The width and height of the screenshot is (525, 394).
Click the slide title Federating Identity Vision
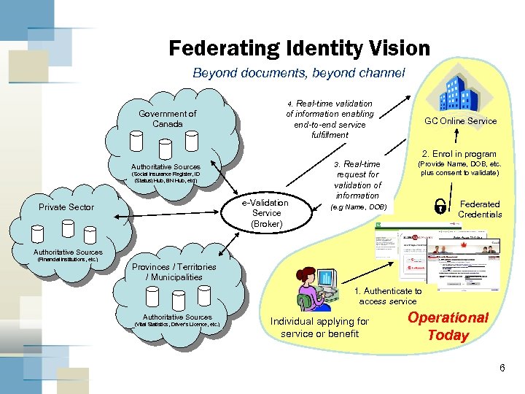pyautogui.click(x=299, y=49)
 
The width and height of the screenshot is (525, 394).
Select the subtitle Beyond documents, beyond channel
pyautogui.click(x=298, y=73)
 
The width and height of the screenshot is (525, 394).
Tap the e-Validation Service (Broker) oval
pyautogui.click(x=266, y=212)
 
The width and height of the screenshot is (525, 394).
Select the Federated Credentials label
pyautogui.click(x=478, y=209)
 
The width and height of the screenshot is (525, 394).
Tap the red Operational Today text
pyautogui.click(x=448, y=326)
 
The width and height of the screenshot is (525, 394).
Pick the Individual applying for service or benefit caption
pyautogui.click(x=319, y=327)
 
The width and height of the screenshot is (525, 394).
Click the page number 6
pyautogui.click(x=502, y=368)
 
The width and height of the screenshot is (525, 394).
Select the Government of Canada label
pyautogui.click(x=168, y=118)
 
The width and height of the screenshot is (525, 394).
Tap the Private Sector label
pyautogui.click(x=66, y=207)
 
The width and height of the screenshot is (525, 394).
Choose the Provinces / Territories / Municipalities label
pyautogui.click(x=174, y=271)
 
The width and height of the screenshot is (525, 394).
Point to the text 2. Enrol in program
pyautogui.click(x=459, y=154)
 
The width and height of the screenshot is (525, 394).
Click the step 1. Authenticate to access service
pyautogui.click(x=388, y=295)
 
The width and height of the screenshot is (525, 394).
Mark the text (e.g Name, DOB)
pyautogui.click(x=359, y=207)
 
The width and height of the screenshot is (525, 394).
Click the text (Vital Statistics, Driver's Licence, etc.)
pyautogui.click(x=177, y=324)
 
